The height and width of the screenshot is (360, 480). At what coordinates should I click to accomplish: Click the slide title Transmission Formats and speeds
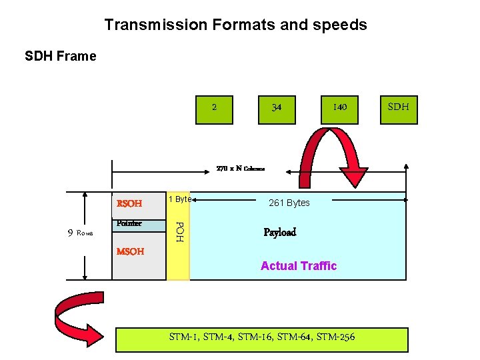[235, 25]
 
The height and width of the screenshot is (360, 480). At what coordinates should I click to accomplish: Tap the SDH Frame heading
[61, 56]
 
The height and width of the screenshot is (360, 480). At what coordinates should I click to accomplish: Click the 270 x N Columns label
[240, 169]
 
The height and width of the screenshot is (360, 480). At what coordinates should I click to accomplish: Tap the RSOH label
[129, 203]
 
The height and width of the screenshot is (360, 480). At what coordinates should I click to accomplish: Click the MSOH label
[130, 252]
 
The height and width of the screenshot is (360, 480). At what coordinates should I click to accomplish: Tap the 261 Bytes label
[289, 203]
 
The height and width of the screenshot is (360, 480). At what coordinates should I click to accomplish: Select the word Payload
[279, 233]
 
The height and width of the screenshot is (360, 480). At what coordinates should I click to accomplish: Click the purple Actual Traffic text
[299, 266]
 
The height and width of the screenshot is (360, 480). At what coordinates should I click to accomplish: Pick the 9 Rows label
[80, 233]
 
